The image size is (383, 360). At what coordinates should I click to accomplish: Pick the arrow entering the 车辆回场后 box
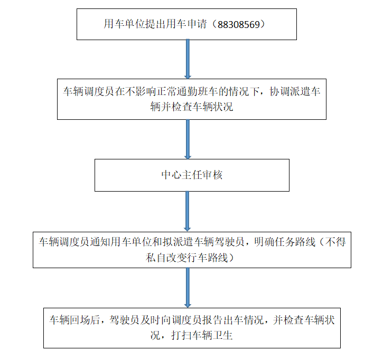click(187, 288)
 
